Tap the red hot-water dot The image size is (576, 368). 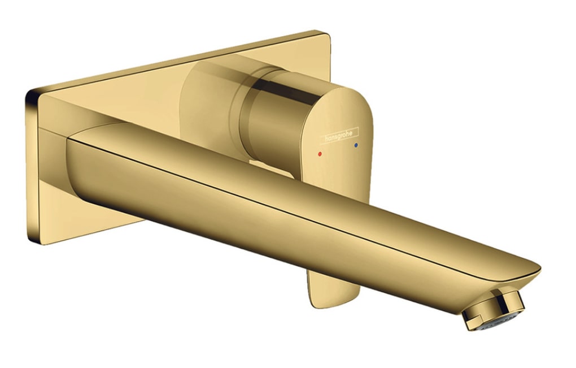click(x=320, y=153)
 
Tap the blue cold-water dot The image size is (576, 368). click(x=355, y=146)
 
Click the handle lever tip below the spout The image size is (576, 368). click(x=333, y=291)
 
